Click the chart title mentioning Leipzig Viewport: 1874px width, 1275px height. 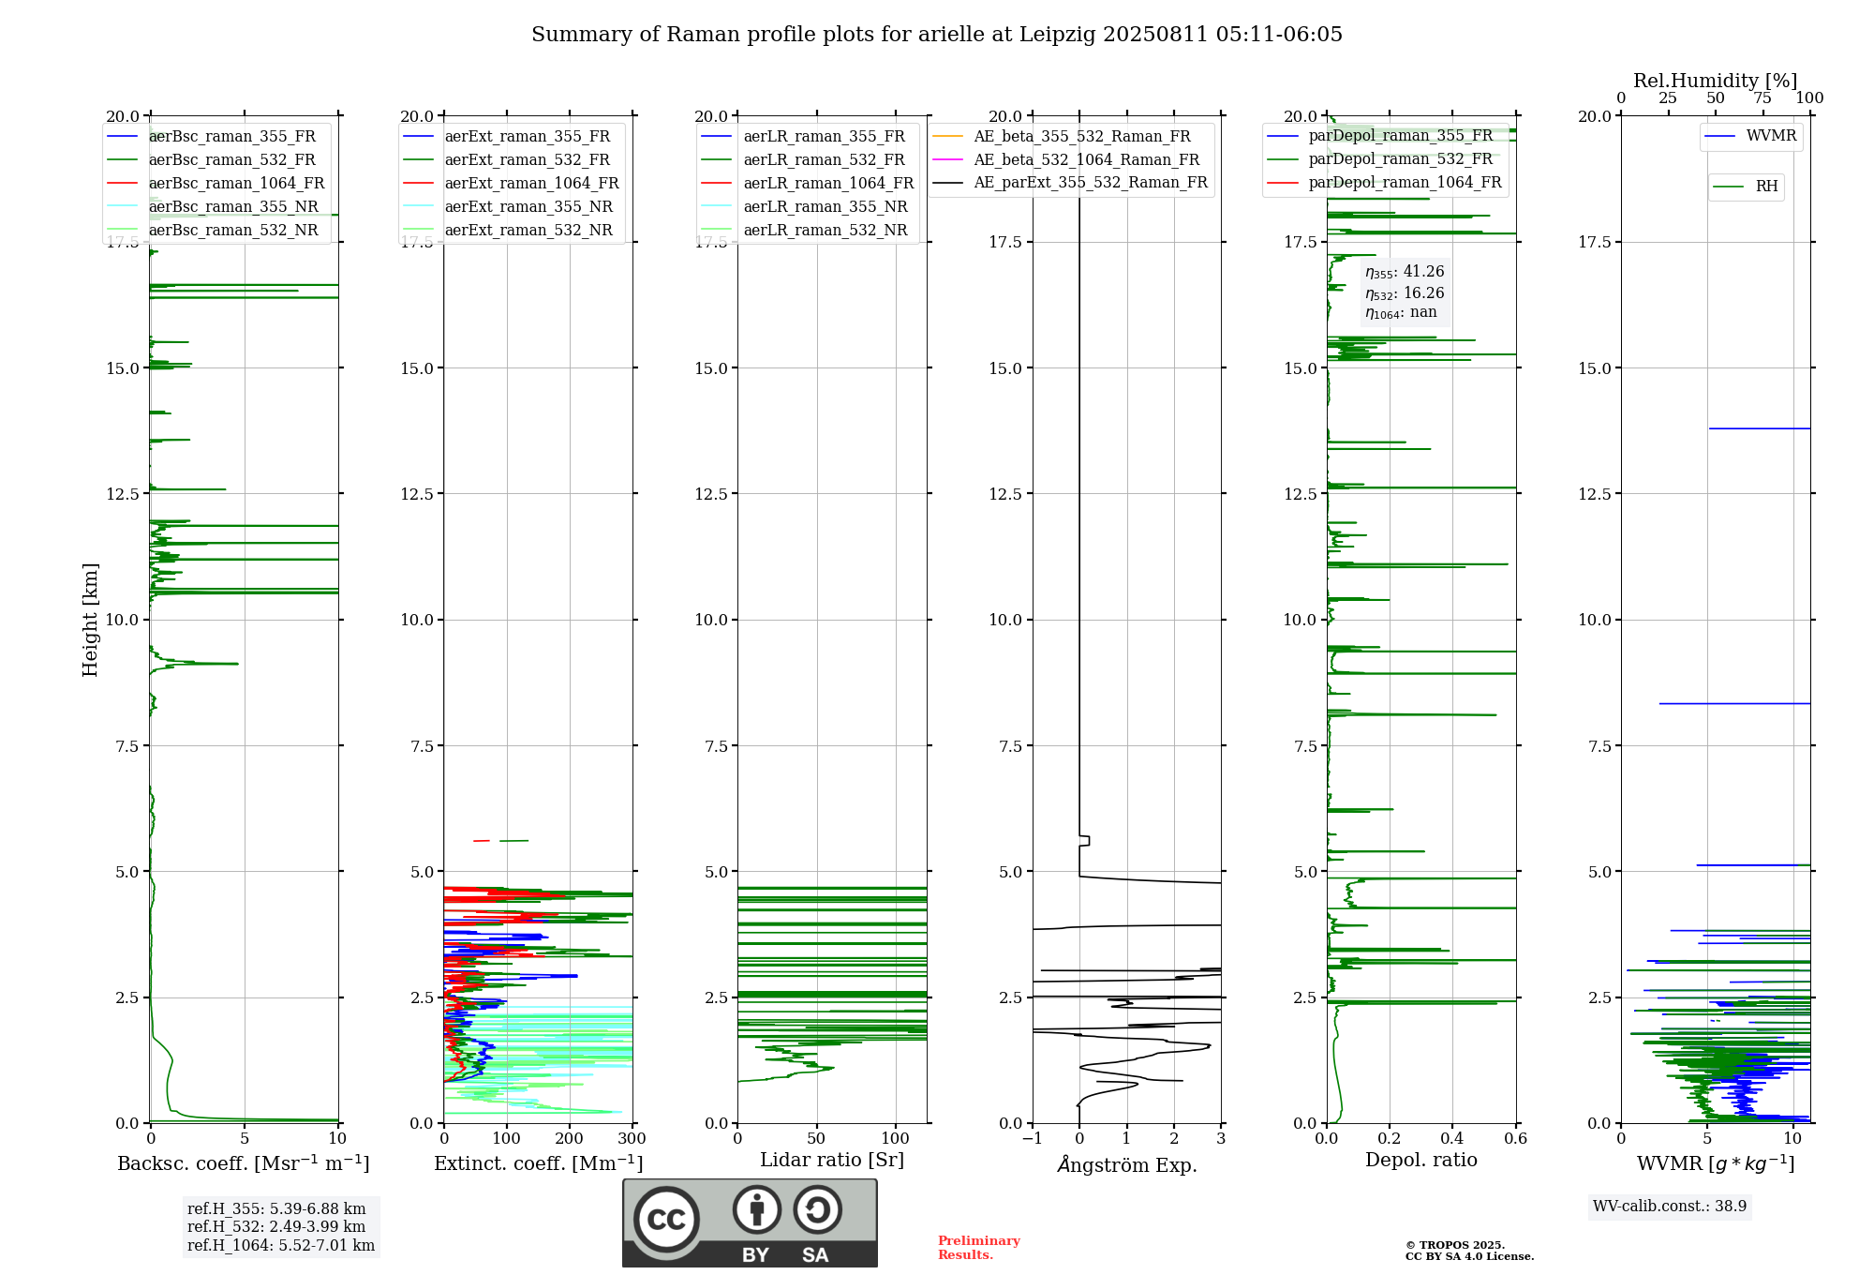(937, 35)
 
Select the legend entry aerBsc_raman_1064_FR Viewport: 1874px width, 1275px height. (236, 183)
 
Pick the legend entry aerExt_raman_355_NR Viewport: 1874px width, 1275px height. (528, 206)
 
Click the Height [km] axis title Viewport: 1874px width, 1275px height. (90, 620)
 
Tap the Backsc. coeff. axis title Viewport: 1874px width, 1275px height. (244, 1163)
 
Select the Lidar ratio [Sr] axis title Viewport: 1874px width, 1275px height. (832, 1160)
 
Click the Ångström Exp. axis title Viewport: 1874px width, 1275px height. (1127, 1164)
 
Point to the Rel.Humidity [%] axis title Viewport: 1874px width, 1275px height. (1716, 81)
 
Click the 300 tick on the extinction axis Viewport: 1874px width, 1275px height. (632, 1138)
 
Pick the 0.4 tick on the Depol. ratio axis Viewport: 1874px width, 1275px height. (1452, 1138)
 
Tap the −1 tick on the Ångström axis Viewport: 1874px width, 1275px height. (1032, 1138)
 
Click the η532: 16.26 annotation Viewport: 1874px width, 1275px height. (1405, 292)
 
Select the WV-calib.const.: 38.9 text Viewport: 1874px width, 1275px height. (1670, 1206)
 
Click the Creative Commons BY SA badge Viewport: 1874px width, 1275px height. (750, 1222)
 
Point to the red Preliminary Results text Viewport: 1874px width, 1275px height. (979, 1248)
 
